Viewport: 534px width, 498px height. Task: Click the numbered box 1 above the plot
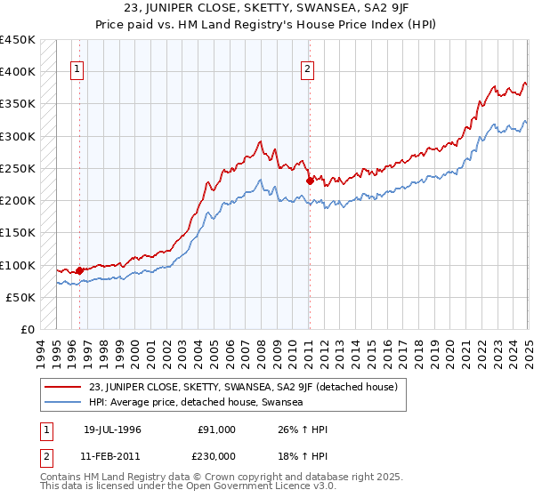(77, 69)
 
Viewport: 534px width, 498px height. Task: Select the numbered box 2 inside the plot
(307, 69)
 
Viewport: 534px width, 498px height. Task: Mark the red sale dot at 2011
(310, 181)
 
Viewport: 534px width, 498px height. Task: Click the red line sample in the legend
(64, 387)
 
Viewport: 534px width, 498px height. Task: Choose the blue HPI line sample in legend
(64, 402)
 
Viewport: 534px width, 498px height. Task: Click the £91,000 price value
(216, 430)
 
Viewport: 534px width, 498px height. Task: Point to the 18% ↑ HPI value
(303, 455)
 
